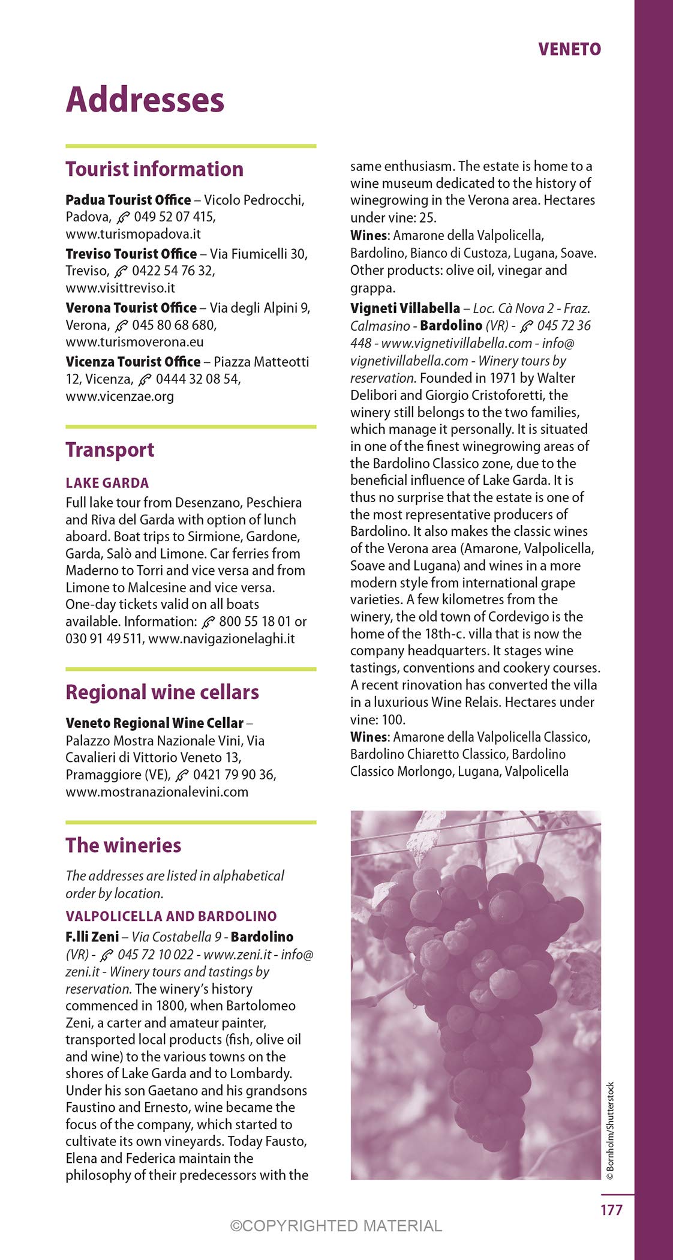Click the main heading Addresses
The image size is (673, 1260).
[145, 100]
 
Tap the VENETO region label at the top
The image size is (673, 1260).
[569, 49]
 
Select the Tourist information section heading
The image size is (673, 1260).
[154, 169]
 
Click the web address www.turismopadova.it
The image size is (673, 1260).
[133, 234]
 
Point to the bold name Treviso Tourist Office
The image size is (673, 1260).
[131, 254]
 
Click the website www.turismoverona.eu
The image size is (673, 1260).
[134, 342]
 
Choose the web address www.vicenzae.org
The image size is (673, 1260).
[120, 396]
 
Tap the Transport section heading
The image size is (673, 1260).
[110, 449]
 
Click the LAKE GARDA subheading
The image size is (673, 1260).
[107, 483]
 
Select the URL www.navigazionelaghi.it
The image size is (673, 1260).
[221, 638]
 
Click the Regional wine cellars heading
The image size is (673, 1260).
[162, 692]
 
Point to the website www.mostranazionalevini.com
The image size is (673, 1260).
[157, 791]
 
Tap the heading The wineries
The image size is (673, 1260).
[123, 845]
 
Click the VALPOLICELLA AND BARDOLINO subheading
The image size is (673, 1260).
[171, 916]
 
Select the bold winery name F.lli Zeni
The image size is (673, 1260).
[92, 937]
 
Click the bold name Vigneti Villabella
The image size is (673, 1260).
[405, 308]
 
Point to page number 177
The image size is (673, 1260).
[611, 1210]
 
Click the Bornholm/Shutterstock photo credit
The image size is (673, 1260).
[610, 1130]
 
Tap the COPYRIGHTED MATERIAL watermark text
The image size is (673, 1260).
[336, 1226]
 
